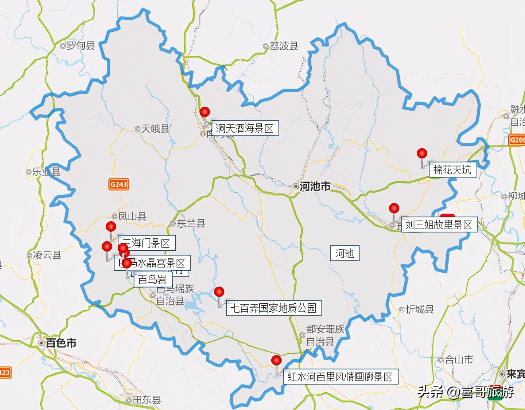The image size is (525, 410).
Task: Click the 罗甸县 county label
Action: [80, 46]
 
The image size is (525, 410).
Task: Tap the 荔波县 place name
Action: [284, 46]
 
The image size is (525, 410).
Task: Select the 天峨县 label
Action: [155, 129]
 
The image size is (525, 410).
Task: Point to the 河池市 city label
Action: [315, 186]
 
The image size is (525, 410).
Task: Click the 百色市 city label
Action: [61, 343]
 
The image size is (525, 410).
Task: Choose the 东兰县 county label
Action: [191, 223]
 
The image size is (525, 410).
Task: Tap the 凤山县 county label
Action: [132, 216]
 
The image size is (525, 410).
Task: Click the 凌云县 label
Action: [47, 255]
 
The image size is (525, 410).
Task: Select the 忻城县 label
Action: [420, 309]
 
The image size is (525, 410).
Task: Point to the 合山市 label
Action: [459, 359]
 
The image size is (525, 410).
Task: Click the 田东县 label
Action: [146, 400]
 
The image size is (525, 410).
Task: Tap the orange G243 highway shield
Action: [119, 184]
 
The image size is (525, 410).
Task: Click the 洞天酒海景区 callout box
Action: [245, 129]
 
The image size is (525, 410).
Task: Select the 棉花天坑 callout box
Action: [452, 170]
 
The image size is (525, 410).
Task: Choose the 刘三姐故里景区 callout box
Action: [438, 225]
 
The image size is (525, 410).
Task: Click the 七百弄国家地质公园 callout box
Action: [274, 308]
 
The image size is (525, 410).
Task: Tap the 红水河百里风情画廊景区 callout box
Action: [340, 377]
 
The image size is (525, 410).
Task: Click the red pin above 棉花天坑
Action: [422, 153]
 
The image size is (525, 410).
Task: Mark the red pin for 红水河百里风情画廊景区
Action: [276, 360]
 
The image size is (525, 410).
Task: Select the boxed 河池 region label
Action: [344, 253]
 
